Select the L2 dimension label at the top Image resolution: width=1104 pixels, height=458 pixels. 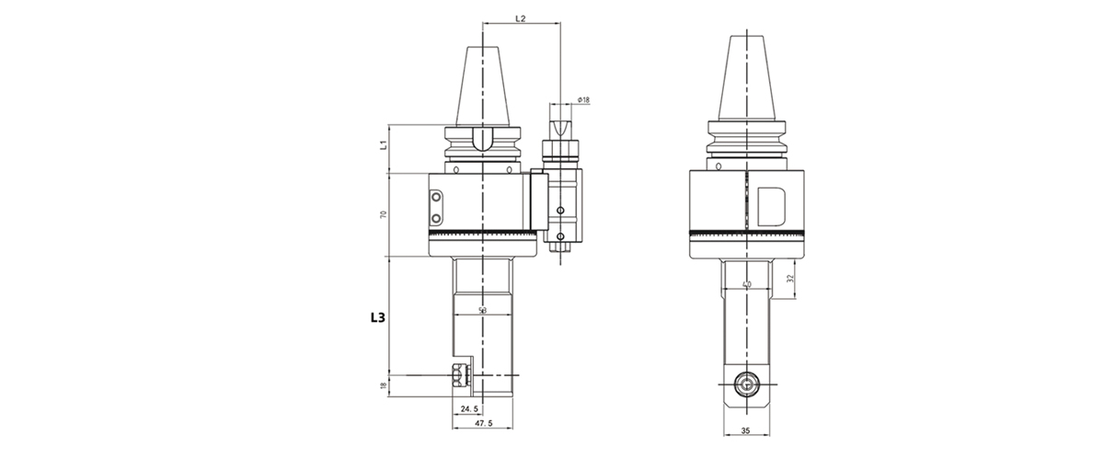[520, 18]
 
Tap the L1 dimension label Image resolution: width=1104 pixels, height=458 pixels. [382, 144]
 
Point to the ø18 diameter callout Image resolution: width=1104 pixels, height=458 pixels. [583, 99]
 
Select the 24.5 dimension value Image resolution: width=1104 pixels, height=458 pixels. [468, 407]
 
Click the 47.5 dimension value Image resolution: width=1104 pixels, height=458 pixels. [485, 424]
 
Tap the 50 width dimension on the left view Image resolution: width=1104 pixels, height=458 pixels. [484, 311]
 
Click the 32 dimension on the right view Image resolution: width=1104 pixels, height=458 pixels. [790, 278]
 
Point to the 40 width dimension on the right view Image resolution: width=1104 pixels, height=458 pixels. [746, 285]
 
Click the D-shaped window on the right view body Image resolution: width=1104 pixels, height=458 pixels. [772, 206]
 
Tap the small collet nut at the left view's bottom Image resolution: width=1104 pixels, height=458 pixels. [457, 375]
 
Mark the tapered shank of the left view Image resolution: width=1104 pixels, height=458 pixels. [484, 83]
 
